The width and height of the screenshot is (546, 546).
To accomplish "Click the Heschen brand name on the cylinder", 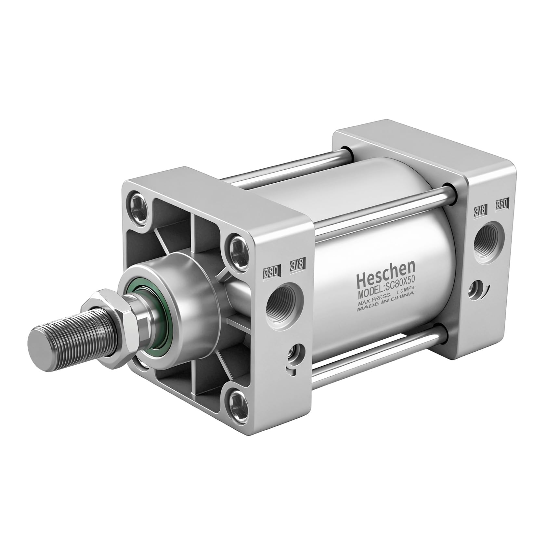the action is (386, 272).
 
